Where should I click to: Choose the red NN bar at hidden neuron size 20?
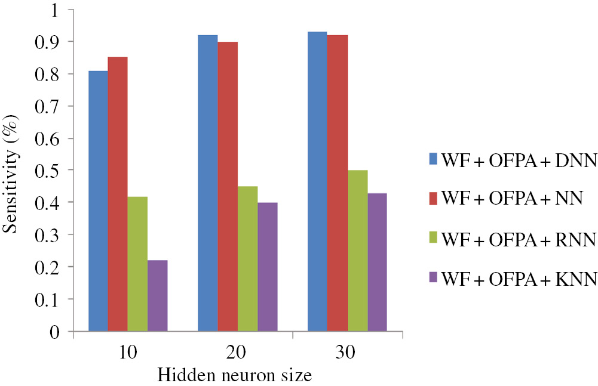point(228,186)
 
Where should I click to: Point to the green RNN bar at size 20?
point(247,259)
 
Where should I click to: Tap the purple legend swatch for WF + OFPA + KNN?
point(433,279)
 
